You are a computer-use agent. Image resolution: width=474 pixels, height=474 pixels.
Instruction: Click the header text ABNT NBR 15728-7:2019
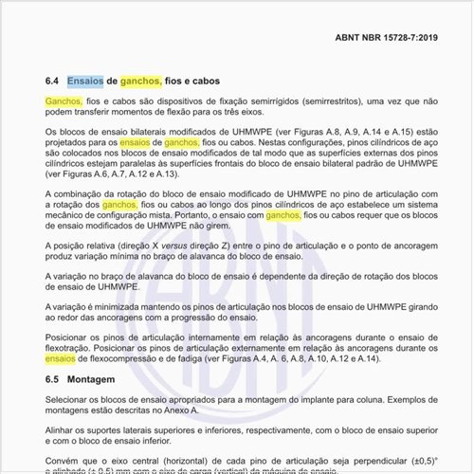pyautogui.click(x=387, y=39)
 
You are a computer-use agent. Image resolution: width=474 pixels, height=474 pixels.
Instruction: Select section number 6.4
pyautogui.click(x=52, y=82)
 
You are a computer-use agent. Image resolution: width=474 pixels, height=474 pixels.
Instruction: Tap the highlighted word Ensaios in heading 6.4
pyautogui.click(x=85, y=82)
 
